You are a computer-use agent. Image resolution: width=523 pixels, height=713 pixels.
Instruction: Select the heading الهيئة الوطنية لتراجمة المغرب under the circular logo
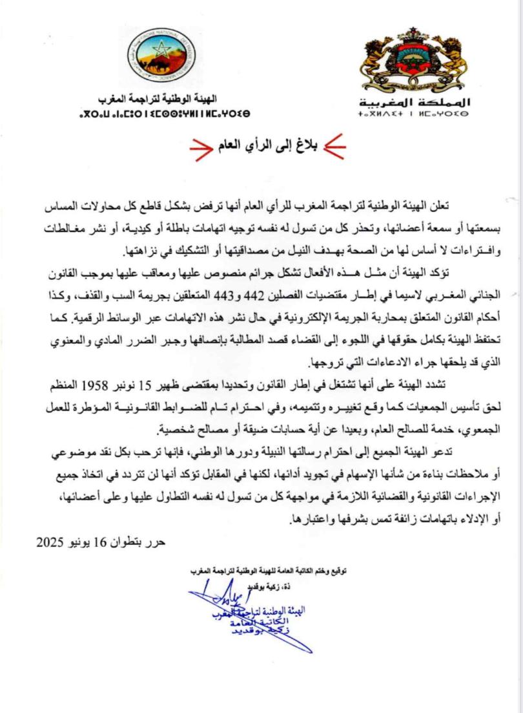163,100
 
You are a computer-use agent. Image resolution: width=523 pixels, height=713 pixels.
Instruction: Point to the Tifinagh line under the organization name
163,113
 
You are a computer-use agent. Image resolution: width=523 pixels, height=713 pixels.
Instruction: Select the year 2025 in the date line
52,541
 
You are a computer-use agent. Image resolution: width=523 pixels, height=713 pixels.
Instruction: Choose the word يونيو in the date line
79,541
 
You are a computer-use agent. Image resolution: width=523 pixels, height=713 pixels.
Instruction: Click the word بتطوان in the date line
129,541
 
